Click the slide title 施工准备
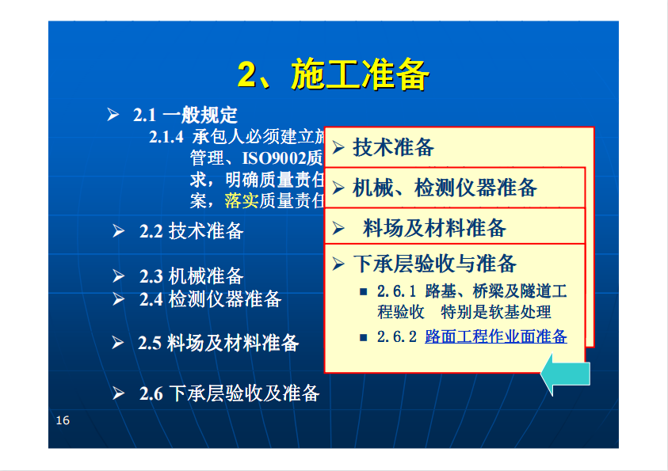point(360,74)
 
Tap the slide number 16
point(63,420)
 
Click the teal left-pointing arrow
point(565,374)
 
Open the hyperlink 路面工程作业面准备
point(496,336)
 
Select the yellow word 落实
point(242,200)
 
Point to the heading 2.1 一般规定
point(185,115)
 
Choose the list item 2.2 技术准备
point(191,231)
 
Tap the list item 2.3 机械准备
point(191,276)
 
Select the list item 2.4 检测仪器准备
point(211,299)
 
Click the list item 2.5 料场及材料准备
point(218,343)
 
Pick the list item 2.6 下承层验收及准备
point(229,393)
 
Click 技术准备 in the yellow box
point(394,147)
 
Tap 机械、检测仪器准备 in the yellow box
point(445,188)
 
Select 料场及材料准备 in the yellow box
point(434,228)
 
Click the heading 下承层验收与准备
point(435,264)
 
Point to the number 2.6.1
point(396,291)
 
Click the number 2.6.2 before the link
point(397,336)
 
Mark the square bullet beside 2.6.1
point(364,292)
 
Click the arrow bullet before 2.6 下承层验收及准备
point(118,393)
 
